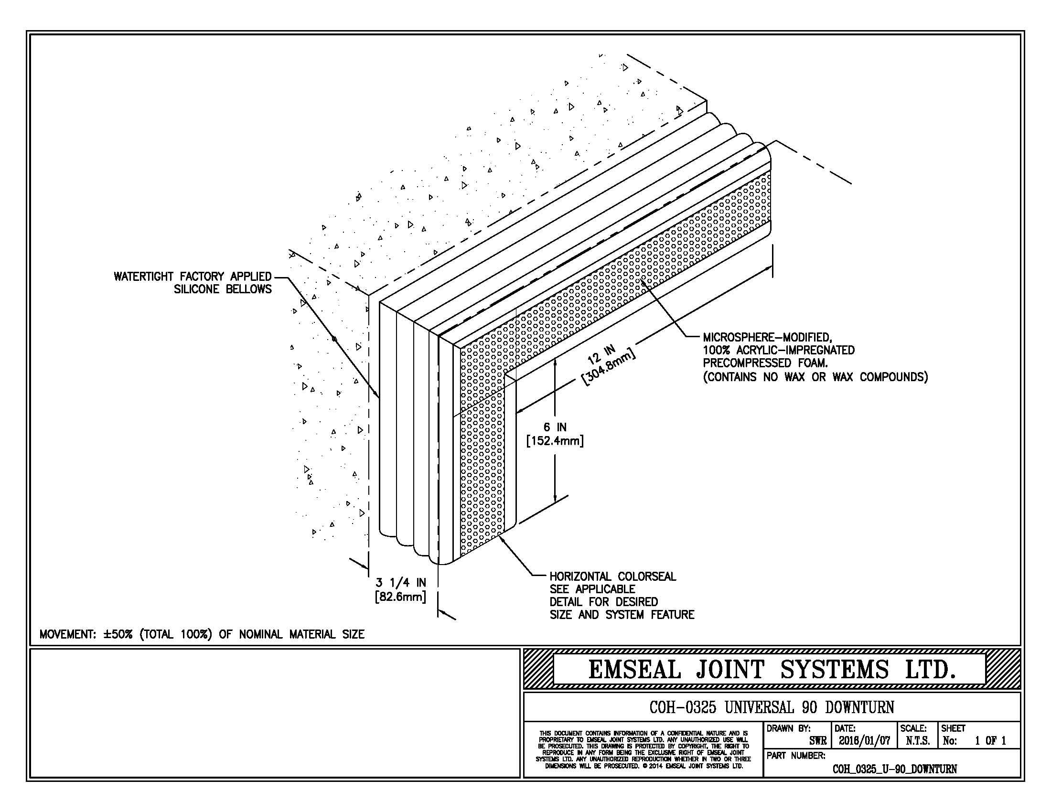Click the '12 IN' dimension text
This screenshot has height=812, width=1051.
[x=601, y=353]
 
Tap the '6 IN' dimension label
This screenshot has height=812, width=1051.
[x=555, y=427]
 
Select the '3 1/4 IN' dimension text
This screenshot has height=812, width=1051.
[x=401, y=583]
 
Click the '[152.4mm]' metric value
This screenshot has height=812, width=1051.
[x=555, y=441]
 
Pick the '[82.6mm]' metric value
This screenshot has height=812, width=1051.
[x=400, y=597]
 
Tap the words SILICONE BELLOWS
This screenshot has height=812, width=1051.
[x=223, y=289]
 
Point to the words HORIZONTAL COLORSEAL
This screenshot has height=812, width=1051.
[x=612, y=577]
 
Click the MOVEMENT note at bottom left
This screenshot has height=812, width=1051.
[x=202, y=634]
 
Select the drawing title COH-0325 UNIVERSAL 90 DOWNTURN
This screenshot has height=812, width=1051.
[x=772, y=707]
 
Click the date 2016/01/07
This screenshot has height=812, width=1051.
[x=864, y=741]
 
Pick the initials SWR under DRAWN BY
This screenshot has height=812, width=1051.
[x=817, y=741]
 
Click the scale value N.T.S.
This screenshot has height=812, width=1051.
[x=917, y=741]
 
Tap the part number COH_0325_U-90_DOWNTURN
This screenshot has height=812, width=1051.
[x=894, y=769]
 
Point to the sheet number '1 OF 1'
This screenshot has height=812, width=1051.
[x=990, y=741]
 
